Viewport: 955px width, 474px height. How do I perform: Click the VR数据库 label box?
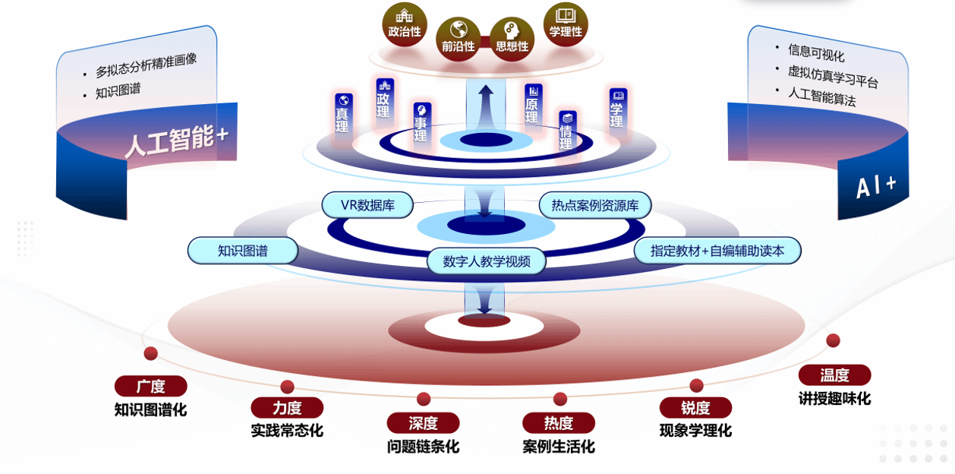pos(367,205)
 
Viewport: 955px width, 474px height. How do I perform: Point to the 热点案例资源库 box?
pos(594,205)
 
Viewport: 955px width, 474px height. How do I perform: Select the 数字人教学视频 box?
pos(486,261)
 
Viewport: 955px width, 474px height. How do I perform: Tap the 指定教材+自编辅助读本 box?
pos(717,251)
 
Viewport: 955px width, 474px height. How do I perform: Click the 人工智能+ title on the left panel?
pos(176,141)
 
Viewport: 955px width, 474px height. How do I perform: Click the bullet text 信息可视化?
pos(816,52)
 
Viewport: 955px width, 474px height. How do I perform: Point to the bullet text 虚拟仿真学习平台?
pos(833,77)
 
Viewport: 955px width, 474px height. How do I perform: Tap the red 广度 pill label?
pos(150,386)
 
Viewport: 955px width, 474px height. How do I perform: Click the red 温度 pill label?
pos(834,374)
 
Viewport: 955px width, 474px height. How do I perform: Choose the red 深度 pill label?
pos(423,423)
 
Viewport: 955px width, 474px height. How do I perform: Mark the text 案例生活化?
pos(559,446)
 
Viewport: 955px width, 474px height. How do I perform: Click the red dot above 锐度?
pos(696,386)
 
